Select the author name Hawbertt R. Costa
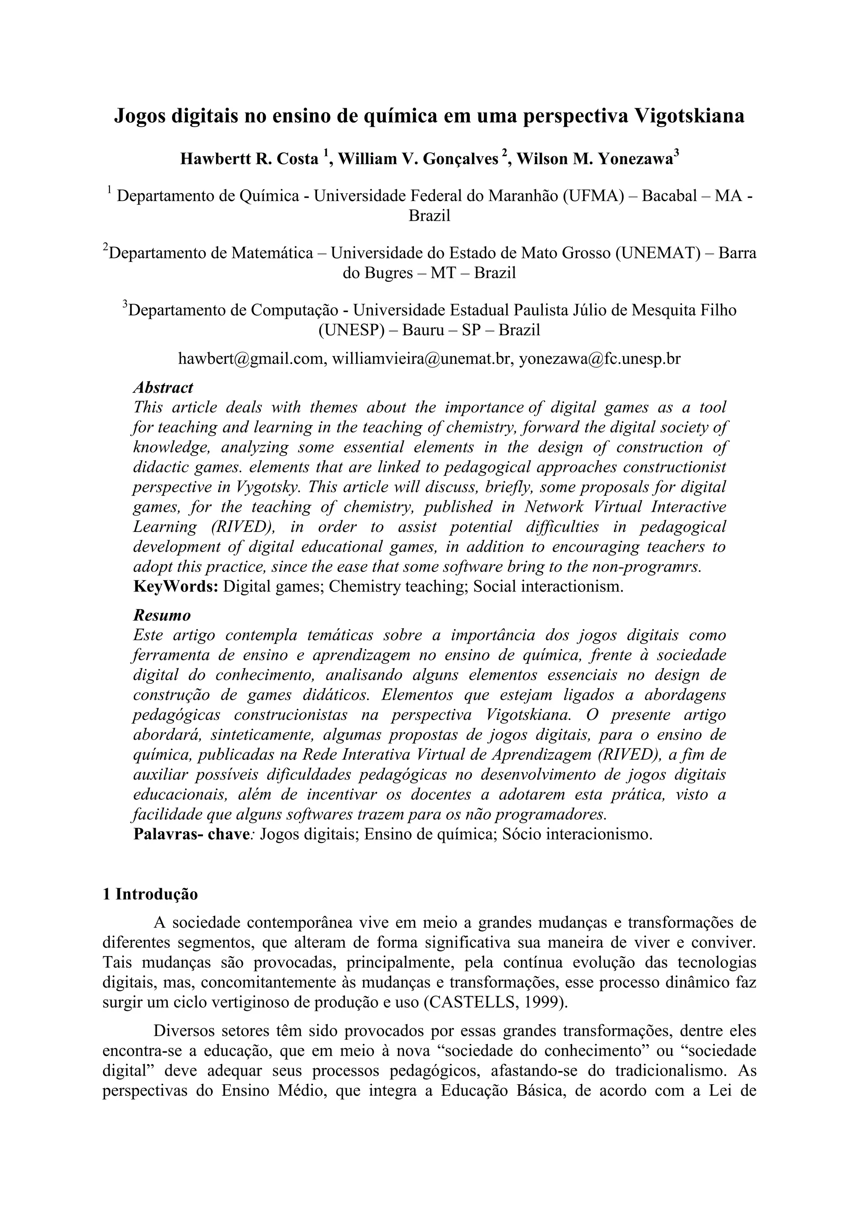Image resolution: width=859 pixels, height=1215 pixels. pyautogui.click(x=249, y=159)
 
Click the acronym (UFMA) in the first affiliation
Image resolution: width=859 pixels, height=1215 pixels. pyautogui.click(x=592, y=196)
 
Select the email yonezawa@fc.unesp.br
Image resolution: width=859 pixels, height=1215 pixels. pyautogui.click(x=599, y=359)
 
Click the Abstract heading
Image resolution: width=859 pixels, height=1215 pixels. pyautogui.click(x=163, y=388)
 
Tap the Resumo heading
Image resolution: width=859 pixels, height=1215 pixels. pyautogui.click(x=162, y=615)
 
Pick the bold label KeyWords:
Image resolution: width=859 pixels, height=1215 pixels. pyautogui.click(x=176, y=587)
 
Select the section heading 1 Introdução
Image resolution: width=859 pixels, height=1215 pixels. pyautogui.click(x=150, y=895)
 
